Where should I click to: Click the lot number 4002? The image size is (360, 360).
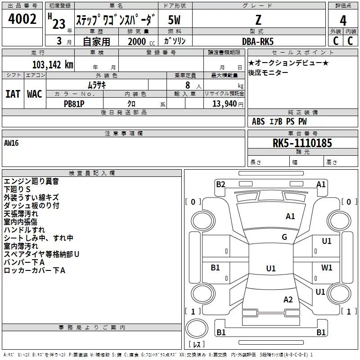point(22,19)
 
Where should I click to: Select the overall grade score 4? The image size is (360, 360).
point(343,21)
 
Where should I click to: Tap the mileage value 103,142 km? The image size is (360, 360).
point(53,65)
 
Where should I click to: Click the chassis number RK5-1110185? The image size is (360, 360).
point(302,144)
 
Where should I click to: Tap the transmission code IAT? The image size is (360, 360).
point(13,94)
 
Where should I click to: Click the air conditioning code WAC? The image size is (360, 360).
point(35,94)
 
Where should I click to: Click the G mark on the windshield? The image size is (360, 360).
point(284,237)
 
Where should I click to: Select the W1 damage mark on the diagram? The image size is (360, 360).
point(327,267)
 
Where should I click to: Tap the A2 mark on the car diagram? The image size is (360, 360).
point(288,300)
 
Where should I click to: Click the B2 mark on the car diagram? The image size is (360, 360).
point(220,184)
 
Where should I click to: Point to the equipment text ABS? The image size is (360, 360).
point(258,121)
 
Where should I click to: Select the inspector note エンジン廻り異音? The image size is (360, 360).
point(31,181)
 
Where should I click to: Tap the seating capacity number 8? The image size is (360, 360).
point(186,85)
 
